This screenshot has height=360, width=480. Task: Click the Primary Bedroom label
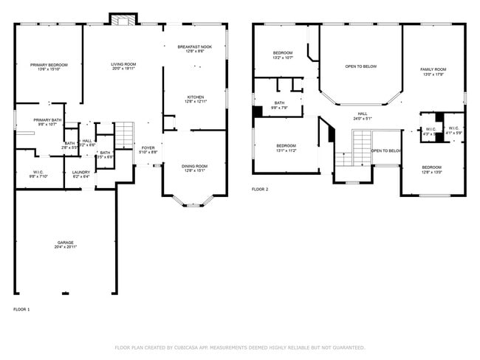click(x=49, y=65)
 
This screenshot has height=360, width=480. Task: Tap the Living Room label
click(x=123, y=65)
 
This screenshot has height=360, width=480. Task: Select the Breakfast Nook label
click(x=195, y=47)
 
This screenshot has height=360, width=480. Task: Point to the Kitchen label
click(x=195, y=97)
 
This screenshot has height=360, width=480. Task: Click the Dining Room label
click(x=195, y=166)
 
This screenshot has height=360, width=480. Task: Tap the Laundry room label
click(x=80, y=173)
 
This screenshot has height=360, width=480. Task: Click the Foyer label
click(x=148, y=148)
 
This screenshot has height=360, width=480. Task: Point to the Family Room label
click(x=433, y=69)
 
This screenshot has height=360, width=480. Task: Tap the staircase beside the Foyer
click(x=125, y=136)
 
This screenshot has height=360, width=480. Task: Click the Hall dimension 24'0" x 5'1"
click(x=363, y=118)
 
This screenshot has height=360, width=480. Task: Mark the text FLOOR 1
click(x=21, y=309)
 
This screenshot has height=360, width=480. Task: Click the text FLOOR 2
click(x=260, y=190)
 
